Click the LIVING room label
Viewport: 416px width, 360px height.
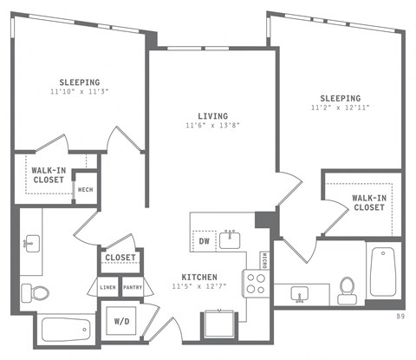[211, 115]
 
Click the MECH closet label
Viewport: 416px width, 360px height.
[85, 190]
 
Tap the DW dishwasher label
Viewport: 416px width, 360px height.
[205, 240]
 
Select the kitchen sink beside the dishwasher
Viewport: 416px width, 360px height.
[231, 239]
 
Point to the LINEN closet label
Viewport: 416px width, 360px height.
[107, 287]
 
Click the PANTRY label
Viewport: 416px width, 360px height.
[133, 287]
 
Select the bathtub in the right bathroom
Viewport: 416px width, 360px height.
[381, 271]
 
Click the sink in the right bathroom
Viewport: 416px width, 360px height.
[301, 293]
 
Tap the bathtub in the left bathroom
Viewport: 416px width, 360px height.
[66, 330]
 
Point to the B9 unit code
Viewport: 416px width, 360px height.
[400, 317]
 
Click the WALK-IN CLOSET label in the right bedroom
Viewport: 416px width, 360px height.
[368, 202]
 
